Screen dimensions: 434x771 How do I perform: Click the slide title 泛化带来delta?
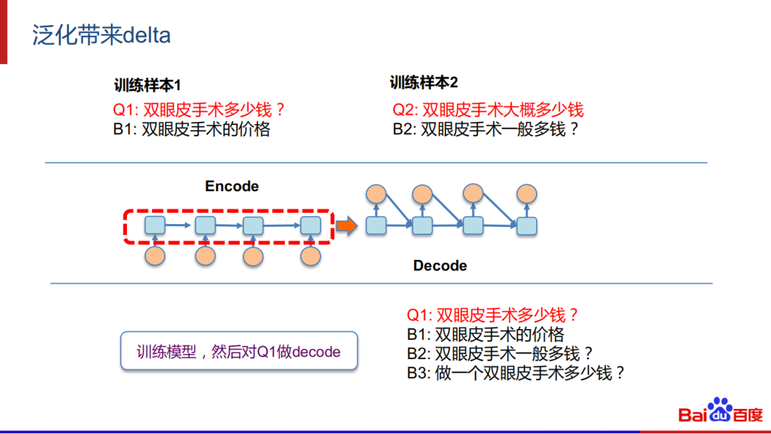pyautogui.click(x=101, y=36)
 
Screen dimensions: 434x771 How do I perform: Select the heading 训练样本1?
pyautogui.click(x=147, y=86)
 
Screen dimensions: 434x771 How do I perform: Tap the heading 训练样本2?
pyautogui.click(x=423, y=83)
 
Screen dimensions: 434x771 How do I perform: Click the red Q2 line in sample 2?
pyautogui.click(x=488, y=109)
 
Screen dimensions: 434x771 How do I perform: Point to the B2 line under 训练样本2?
pyautogui.click(x=485, y=129)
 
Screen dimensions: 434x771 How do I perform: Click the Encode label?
pyautogui.click(x=231, y=186)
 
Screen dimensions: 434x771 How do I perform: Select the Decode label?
pyautogui.click(x=440, y=266)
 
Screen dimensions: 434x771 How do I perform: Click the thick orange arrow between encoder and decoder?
pyautogui.click(x=346, y=226)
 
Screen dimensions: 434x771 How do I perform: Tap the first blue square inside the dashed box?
pyautogui.click(x=155, y=226)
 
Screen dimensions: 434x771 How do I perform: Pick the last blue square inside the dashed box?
pyautogui.click(x=311, y=226)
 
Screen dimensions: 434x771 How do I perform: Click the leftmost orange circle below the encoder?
pyautogui.click(x=155, y=256)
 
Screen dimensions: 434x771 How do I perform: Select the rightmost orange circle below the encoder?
pyautogui.click(x=311, y=256)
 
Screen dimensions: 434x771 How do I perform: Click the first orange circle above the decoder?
pyautogui.click(x=376, y=193)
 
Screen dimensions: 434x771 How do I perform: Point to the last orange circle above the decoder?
pyautogui.click(x=527, y=193)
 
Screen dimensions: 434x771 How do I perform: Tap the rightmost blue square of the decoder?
pyautogui.click(x=527, y=226)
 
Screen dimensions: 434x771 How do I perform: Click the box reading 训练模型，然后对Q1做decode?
pyautogui.click(x=238, y=350)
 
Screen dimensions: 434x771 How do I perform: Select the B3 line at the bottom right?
pyautogui.click(x=516, y=373)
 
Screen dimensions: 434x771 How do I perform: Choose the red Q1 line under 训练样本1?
pyautogui.click(x=199, y=110)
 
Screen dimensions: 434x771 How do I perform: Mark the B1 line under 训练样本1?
pyautogui.click(x=191, y=130)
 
